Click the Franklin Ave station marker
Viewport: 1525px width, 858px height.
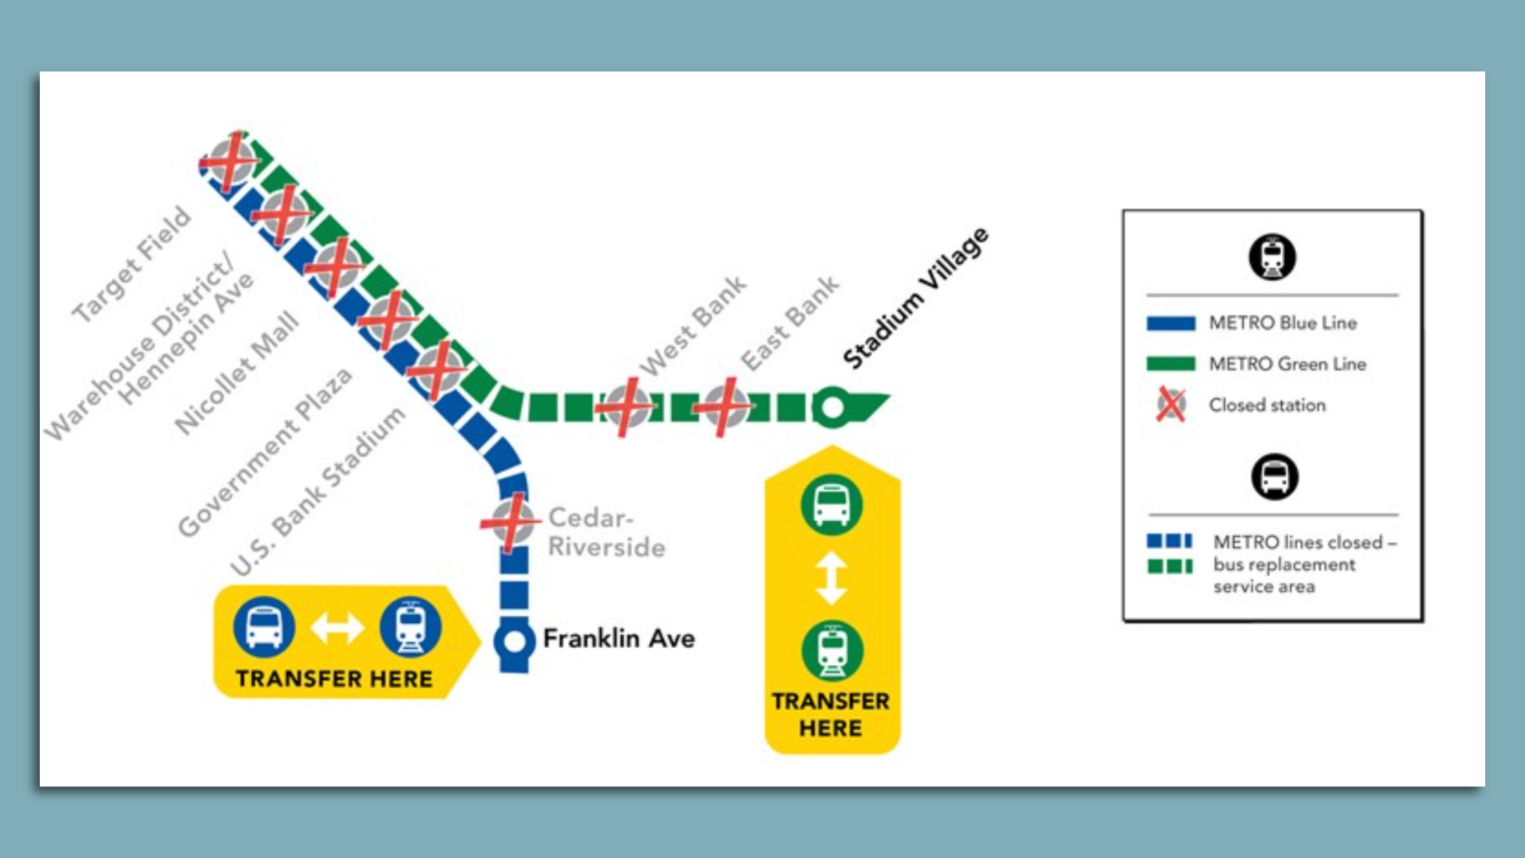[x=515, y=641]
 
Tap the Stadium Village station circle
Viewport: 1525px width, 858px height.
[x=832, y=408]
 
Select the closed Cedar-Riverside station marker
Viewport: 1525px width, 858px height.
[x=511, y=522]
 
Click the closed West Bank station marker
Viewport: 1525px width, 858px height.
[x=627, y=407]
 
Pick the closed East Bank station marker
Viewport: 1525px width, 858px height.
[x=724, y=408]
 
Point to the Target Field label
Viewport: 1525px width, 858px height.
[x=132, y=264]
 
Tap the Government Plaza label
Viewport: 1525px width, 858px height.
[x=264, y=452]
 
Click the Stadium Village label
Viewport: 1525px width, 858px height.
[x=916, y=299]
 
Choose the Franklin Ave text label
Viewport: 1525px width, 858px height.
[x=619, y=639]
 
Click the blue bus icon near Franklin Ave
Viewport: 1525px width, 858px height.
[x=264, y=627]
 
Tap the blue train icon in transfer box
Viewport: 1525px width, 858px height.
[x=410, y=627]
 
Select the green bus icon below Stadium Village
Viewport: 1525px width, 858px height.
[x=832, y=504]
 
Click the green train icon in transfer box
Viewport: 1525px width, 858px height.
[x=832, y=651]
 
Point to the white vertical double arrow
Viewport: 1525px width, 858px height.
[x=832, y=578]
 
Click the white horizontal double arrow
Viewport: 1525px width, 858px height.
[x=337, y=628]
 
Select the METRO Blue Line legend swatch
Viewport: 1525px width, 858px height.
[x=1171, y=323]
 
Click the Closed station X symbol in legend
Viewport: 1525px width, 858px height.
[x=1171, y=404]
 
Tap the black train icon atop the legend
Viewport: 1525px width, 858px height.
[x=1272, y=257]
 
